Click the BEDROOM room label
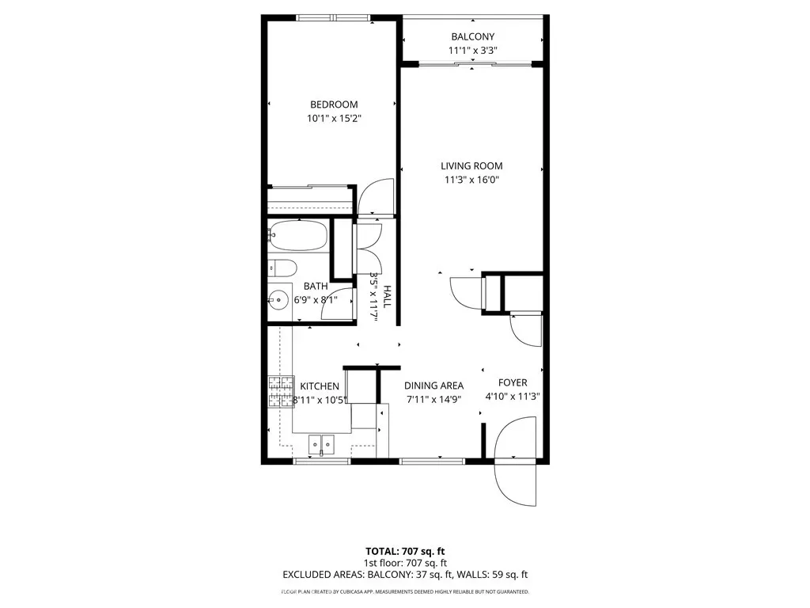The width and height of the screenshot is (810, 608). pos(334,104)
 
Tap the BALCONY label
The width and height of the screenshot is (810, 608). pos(473,36)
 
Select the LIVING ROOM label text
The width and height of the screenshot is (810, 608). pos(471,166)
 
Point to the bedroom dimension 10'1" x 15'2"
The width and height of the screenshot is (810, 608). pos(334,119)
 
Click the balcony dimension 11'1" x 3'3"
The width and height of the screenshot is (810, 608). pos(473,51)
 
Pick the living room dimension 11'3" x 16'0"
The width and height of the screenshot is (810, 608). pos(471,180)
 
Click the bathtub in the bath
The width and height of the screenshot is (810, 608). pos(298,236)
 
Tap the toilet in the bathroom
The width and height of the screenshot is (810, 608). pos(282,268)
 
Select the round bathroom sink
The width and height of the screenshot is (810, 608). pos(278,299)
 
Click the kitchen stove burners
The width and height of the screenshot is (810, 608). pos(282,392)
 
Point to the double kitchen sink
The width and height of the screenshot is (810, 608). pos(321,444)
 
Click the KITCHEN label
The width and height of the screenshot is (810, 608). pos(320,386)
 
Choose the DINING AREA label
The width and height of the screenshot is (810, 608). pos(434,386)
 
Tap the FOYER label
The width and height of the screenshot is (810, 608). pos(513,382)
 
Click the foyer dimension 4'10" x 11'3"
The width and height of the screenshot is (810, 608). pos(513,397)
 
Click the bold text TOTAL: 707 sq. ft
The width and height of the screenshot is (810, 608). pos(405,551)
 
